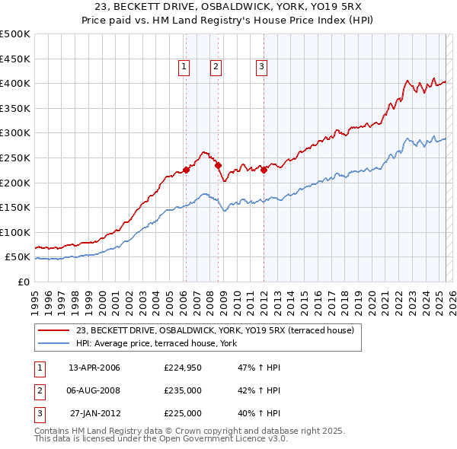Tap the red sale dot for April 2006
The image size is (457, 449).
pyautogui.click(x=186, y=170)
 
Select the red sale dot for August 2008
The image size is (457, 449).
pyautogui.click(x=218, y=165)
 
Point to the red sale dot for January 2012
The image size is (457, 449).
pyautogui.click(x=264, y=170)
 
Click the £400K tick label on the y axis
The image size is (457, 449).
pyautogui.click(x=15, y=83)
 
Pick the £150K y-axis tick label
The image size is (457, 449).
pyautogui.click(x=15, y=207)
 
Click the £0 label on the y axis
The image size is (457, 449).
pyautogui.click(x=24, y=282)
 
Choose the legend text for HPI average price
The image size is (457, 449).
pyautogui.click(x=157, y=344)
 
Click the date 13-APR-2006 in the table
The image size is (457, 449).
pyautogui.click(x=94, y=368)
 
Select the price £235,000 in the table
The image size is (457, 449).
pyautogui.click(x=183, y=390)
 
